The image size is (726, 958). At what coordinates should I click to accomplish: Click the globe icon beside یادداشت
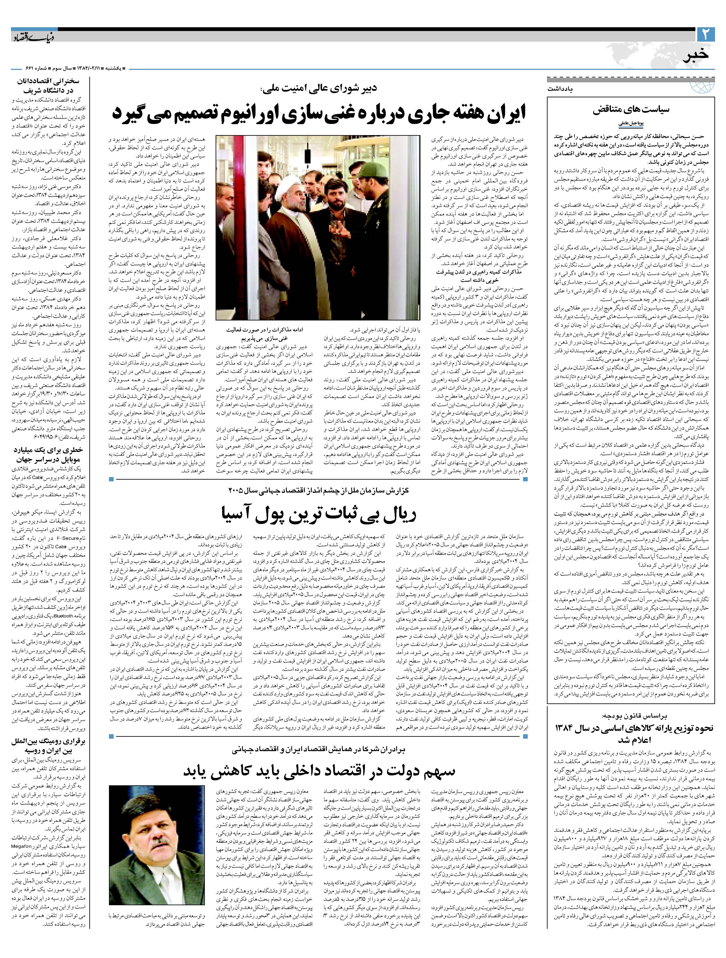click(x=706, y=85)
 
